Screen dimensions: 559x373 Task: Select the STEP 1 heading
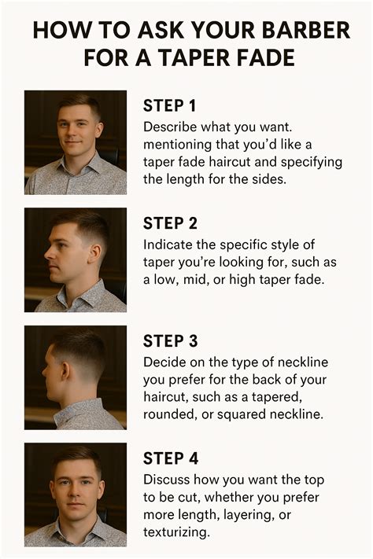[x=169, y=105]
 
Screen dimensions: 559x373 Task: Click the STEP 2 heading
[x=169, y=222]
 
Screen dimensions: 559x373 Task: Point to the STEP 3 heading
[x=169, y=340]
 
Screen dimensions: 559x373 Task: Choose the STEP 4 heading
[x=169, y=458]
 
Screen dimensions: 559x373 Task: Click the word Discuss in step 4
[x=167, y=479]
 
